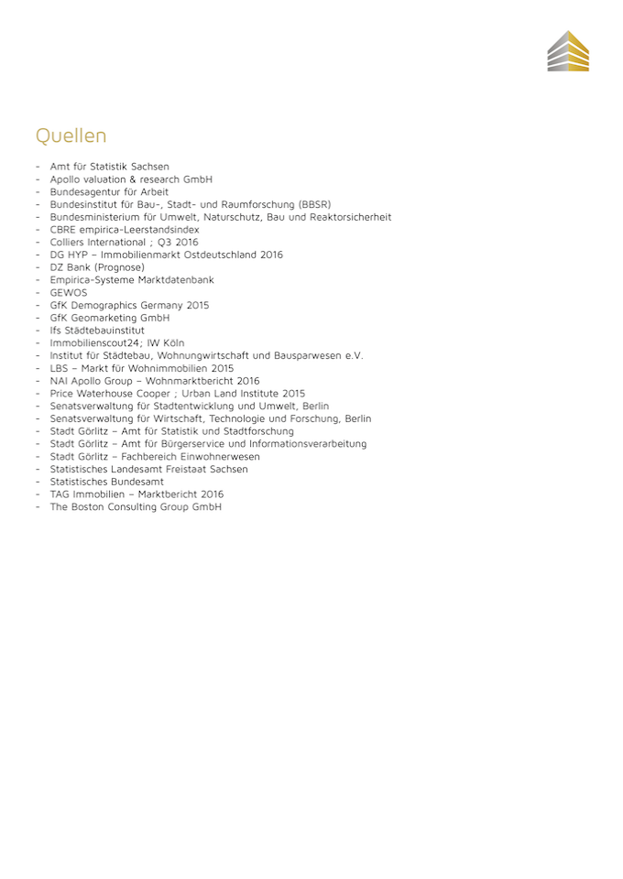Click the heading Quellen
pyautogui.click(x=71, y=136)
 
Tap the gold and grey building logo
pyautogui.click(x=568, y=51)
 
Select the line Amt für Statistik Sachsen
pyautogui.click(x=109, y=167)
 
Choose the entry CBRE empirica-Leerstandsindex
pyautogui.click(x=124, y=230)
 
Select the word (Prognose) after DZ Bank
pyautogui.click(x=119, y=267)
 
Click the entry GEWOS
pyautogui.click(x=69, y=293)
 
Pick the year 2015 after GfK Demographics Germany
pyautogui.click(x=197, y=305)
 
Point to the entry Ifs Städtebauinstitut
pyautogui.click(x=97, y=331)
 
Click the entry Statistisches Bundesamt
pyautogui.click(x=106, y=482)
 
